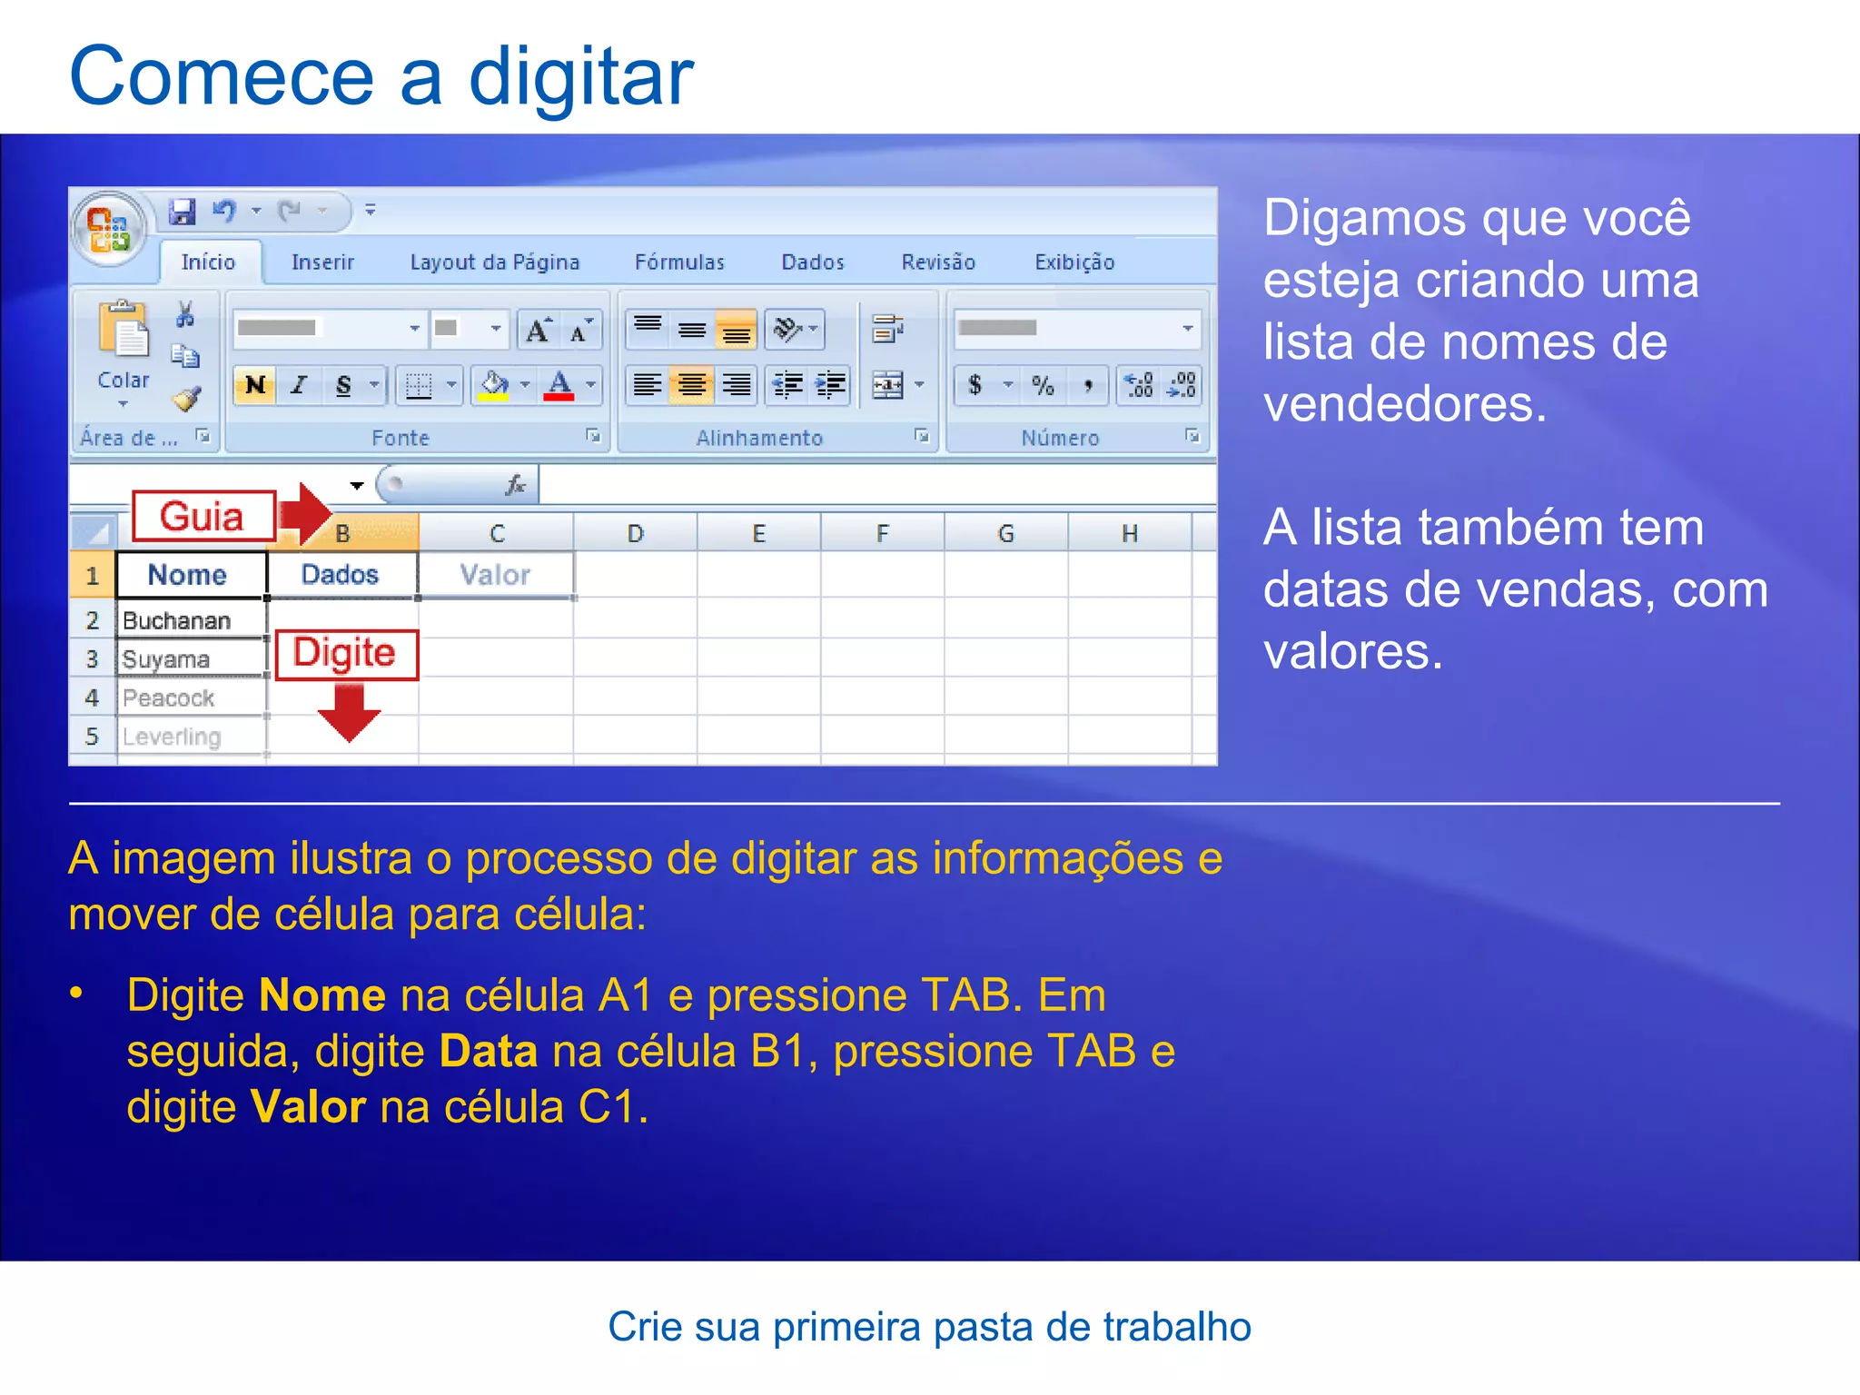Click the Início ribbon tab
point(208,262)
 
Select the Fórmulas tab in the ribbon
point(679,262)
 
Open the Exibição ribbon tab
point(1074,262)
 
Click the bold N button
point(255,385)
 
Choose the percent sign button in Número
point(1043,385)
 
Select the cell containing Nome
point(188,575)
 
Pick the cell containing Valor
point(495,575)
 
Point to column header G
point(1005,534)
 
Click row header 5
point(92,737)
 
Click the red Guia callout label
point(203,517)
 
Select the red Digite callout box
point(345,654)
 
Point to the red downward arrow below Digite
point(349,713)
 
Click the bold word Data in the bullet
point(488,1052)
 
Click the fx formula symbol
point(516,486)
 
